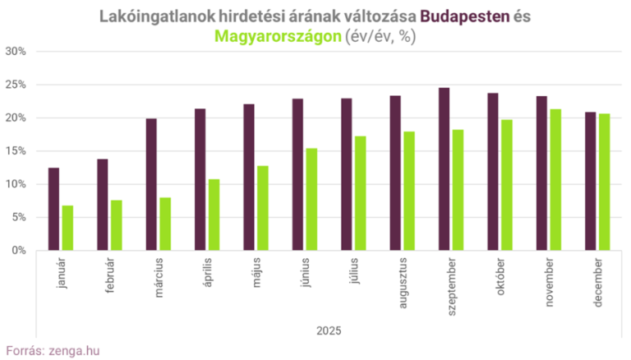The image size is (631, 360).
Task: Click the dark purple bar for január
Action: (53, 210)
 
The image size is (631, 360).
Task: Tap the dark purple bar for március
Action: (151, 185)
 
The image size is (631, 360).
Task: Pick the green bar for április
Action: (214, 215)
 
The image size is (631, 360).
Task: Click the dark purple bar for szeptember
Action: (444, 169)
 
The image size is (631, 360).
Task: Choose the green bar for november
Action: (555, 180)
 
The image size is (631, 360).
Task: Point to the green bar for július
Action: (360, 193)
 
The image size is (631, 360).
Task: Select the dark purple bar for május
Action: (249, 178)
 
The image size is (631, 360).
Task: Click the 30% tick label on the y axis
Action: (16, 51)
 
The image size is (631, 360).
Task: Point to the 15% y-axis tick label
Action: (16, 151)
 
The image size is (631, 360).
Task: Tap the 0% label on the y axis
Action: (19, 251)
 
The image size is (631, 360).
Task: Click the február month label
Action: (112, 275)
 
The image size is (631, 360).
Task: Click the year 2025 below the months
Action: (329, 330)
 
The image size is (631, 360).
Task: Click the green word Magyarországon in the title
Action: (274, 36)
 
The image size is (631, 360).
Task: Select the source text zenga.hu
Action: (76, 350)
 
